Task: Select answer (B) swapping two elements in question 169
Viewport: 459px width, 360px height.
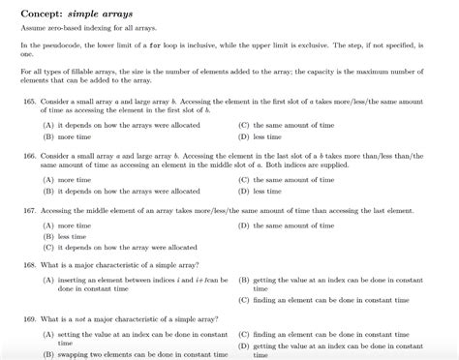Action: [126, 354]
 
